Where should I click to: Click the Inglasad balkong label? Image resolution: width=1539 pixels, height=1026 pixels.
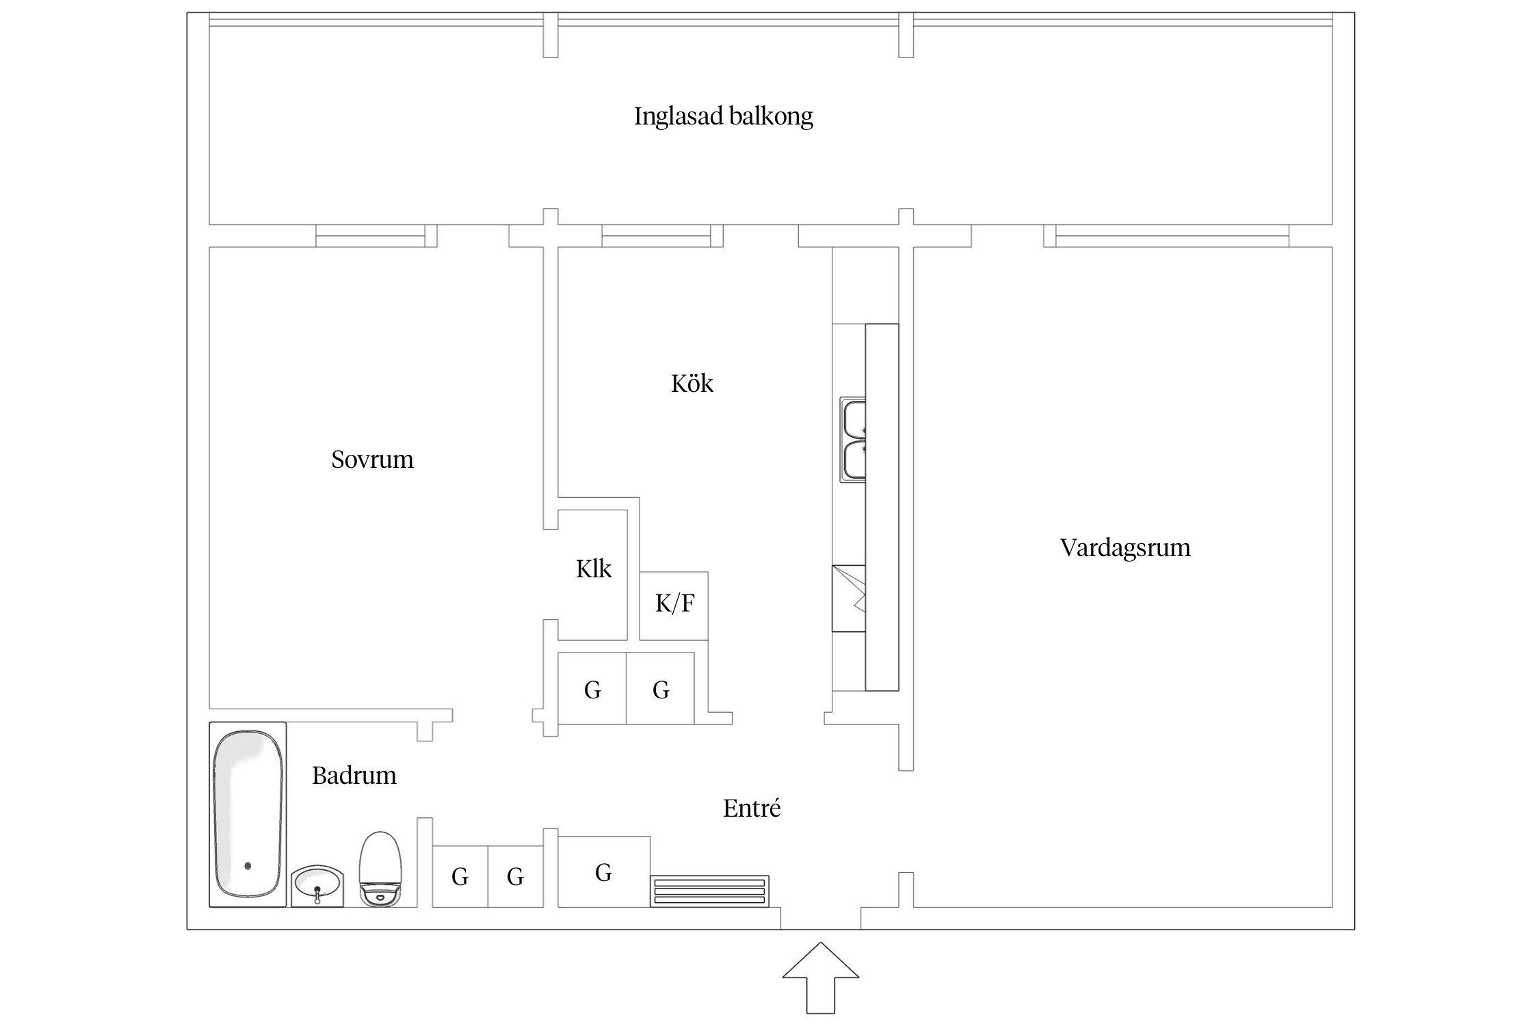[723, 116]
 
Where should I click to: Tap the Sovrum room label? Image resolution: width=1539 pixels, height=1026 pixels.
[372, 459]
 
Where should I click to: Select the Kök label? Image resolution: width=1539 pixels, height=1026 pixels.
[692, 383]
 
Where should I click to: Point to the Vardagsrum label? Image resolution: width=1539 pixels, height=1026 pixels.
[1124, 547]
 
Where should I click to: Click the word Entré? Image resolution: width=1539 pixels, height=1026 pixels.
[751, 808]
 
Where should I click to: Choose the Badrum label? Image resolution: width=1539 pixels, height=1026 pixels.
[354, 775]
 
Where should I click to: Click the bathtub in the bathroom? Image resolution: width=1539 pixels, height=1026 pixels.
[248, 814]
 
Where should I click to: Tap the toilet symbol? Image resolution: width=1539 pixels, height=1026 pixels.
[380, 869]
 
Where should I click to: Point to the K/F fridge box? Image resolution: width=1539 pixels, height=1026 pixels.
[674, 605]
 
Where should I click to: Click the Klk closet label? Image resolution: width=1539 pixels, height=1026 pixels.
[593, 569]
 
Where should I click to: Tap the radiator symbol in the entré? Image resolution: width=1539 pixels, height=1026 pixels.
[709, 891]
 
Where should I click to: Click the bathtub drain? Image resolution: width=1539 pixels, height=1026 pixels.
[248, 866]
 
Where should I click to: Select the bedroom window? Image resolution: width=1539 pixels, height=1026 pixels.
[371, 236]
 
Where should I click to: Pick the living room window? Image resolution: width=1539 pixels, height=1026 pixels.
[1172, 236]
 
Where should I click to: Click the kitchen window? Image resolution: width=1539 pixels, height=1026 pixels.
[657, 236]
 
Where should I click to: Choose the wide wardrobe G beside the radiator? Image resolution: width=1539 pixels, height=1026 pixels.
[603, 873]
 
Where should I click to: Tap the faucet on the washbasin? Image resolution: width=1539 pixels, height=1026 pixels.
[317, 893]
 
